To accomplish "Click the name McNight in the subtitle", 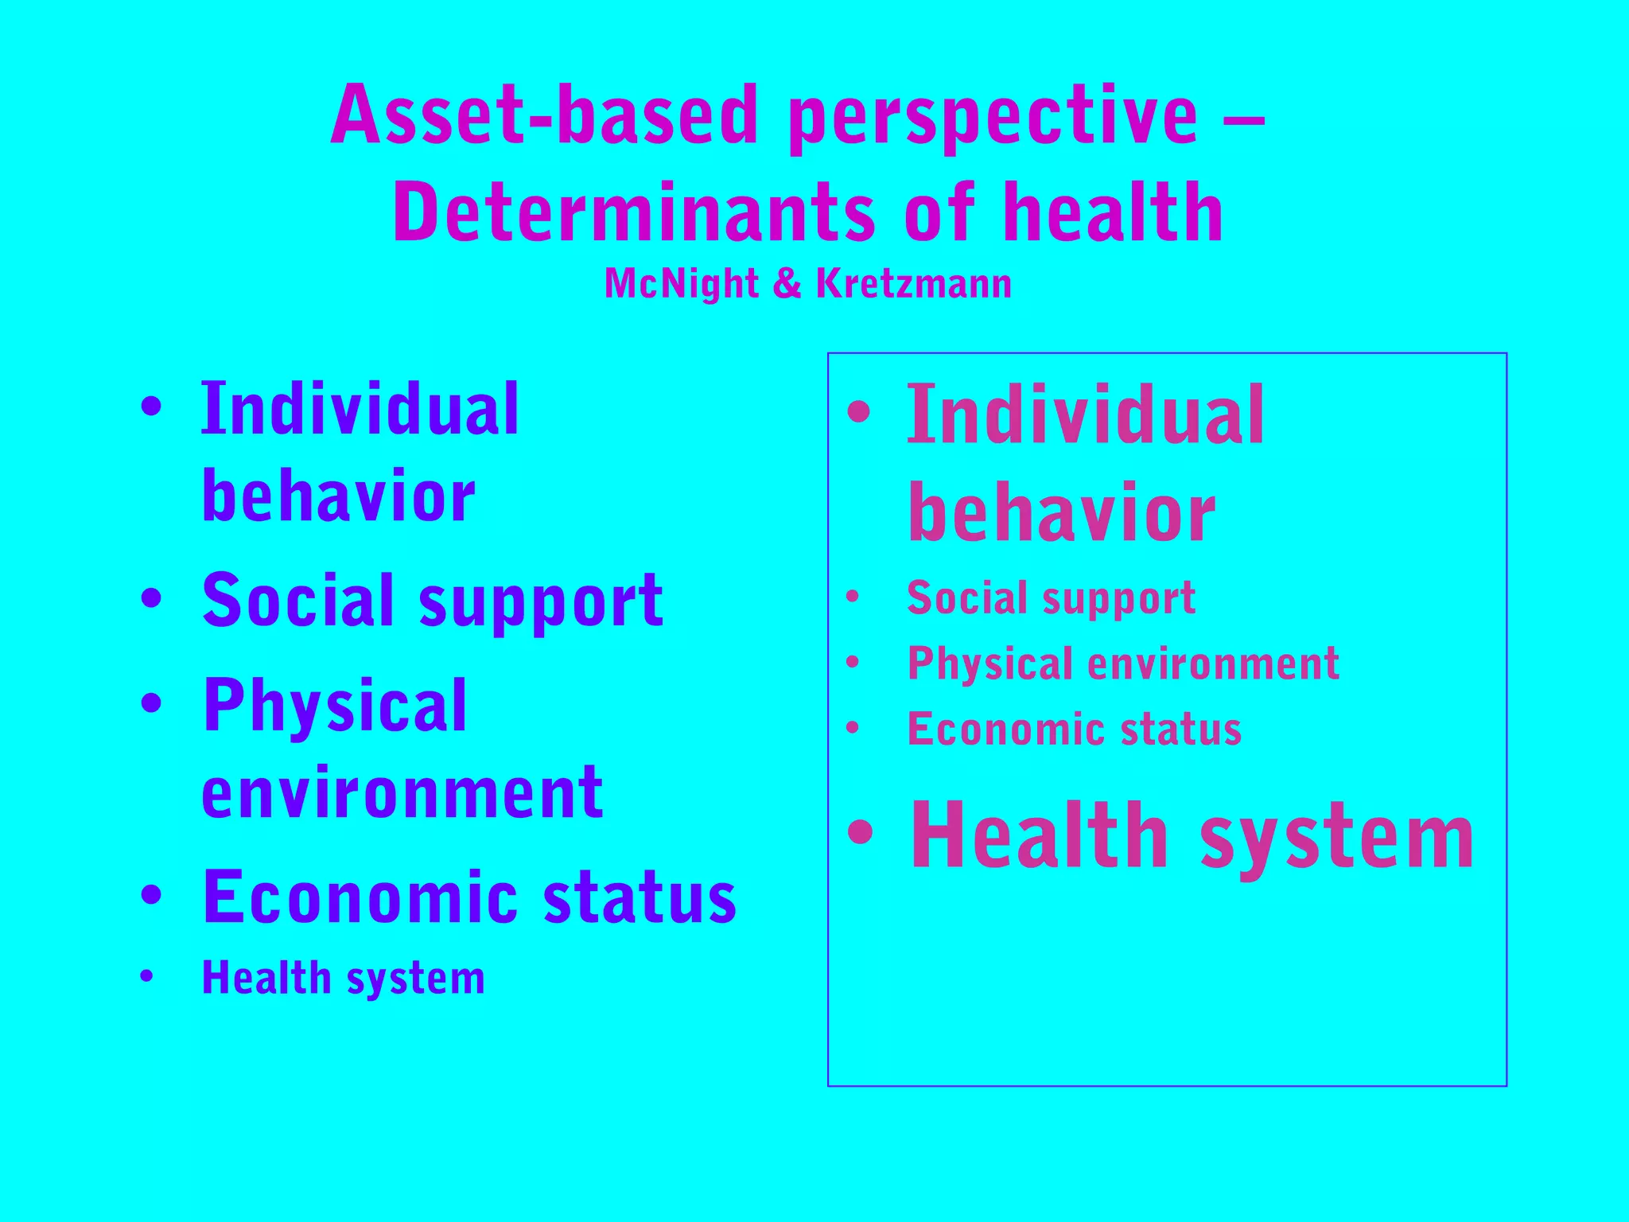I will pos(681,284).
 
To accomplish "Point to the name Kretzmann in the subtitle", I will pos(914,284).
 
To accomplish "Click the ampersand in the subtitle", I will pos(787,284).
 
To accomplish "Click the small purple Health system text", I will pos(343,978).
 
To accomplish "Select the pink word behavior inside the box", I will pos(1062,513).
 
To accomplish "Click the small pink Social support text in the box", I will pos(1051,597).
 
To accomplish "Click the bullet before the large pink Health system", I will pos(860,832).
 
